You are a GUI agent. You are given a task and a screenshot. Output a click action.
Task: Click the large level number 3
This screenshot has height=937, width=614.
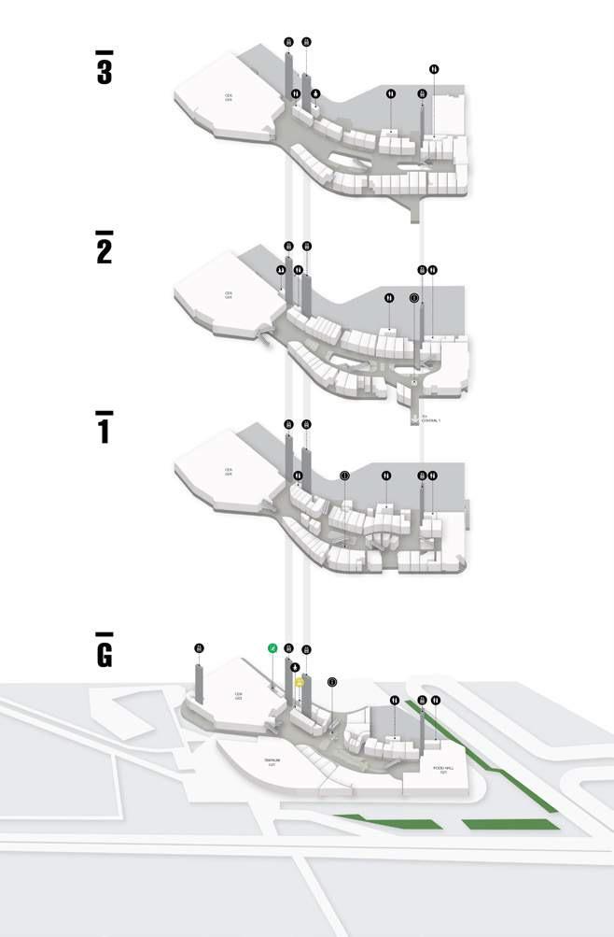(104, 72)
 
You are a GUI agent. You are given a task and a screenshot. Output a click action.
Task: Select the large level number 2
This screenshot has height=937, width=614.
(104, 250)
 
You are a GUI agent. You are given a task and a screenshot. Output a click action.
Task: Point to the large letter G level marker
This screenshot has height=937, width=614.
(104, 653)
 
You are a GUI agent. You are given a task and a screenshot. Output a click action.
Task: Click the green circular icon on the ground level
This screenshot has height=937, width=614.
(273, 647)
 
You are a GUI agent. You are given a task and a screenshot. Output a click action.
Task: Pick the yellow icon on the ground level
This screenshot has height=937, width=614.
(299, 683)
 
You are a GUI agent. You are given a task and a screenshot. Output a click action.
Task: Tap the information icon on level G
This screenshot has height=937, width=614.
(332, 683)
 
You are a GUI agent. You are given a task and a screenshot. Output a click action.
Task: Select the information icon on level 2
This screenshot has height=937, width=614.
(414, 298)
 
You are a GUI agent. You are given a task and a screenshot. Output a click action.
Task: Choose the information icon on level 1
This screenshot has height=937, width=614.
(344, 476)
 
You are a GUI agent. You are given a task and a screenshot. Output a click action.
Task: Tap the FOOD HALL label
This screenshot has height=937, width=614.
(442, 769)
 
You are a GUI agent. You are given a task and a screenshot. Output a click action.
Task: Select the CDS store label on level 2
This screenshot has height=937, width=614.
(228, 293)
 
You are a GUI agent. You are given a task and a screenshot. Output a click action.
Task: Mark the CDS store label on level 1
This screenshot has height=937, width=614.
(228, 472)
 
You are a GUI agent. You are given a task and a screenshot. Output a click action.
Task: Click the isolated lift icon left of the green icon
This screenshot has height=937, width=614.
(199, 647)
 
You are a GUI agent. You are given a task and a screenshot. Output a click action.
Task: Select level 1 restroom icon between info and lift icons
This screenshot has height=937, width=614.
(386, 476)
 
